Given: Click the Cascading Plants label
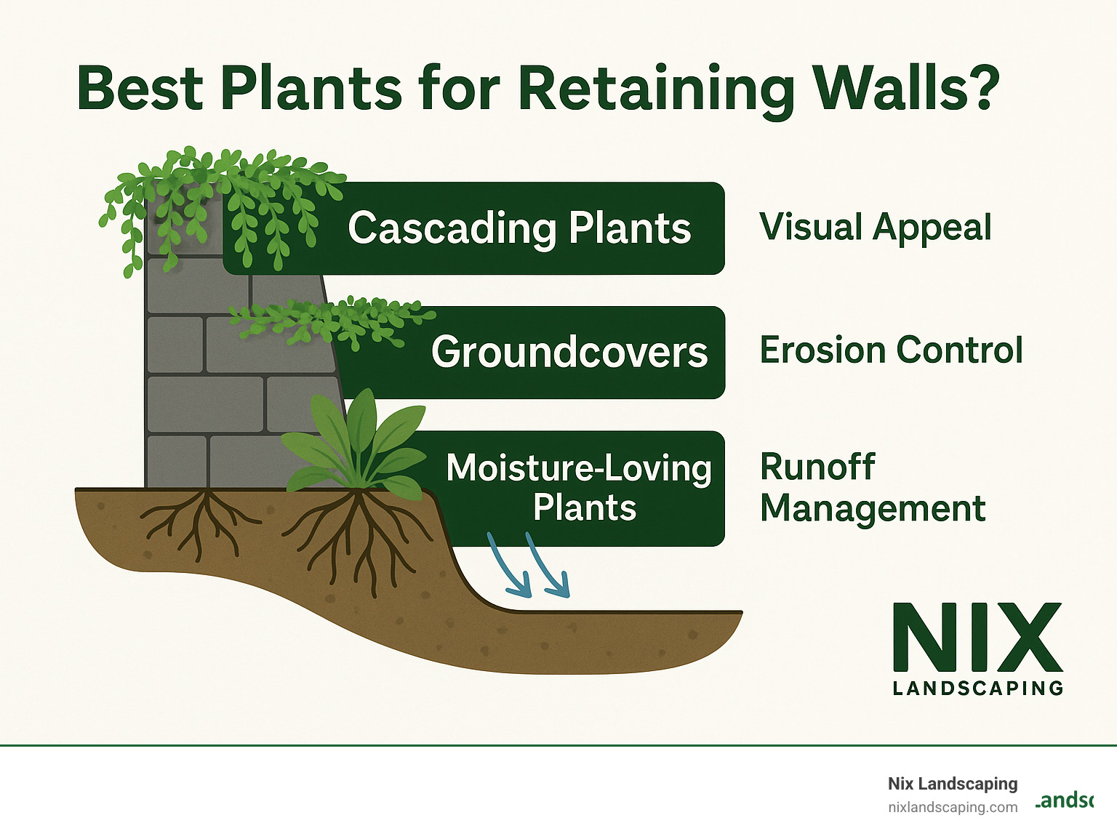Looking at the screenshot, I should pyautogui.click(x=519, y=228).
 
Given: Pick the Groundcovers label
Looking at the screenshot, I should pyautogui.click(x=569, y=352).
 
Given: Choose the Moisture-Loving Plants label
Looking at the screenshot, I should pyautogui.click(x=579, y=487).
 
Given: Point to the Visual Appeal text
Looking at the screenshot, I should pyautogui.click(x=875, y=227).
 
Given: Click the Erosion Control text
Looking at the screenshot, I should pyautogui.click(x=891, y=350).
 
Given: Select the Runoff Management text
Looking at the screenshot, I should pyautogui.click(x=872, y=487).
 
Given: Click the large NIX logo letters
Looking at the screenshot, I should pyautogui.click(x=977, y=638).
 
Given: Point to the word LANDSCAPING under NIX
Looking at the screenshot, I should pyautogui.click(x=977, y=688).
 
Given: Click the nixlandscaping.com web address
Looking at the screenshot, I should pyautogui.click(x=952, y=808).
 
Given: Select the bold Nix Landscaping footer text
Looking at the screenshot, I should pyautogui.click(x=952, y=784).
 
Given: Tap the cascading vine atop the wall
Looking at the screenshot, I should pyautogui.click(x=218, y=196).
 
